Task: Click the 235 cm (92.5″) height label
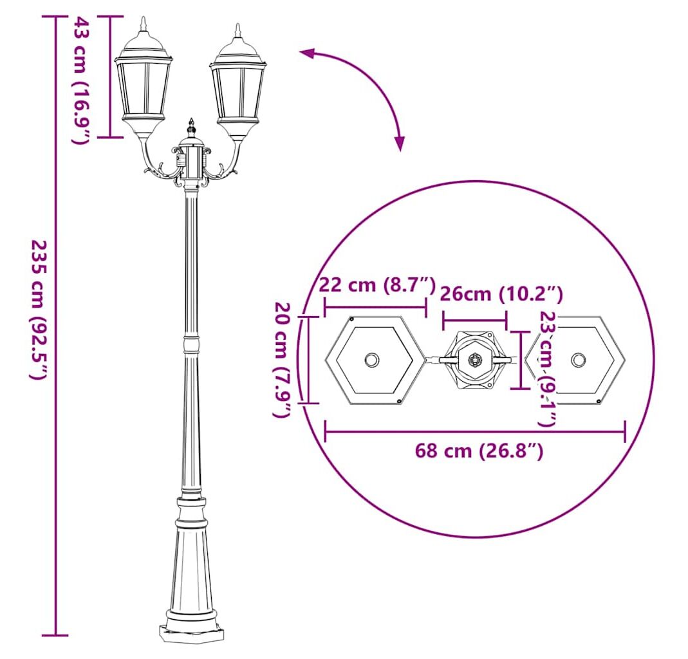click(x=38, y=309)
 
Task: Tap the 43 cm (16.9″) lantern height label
click(x=81, y=80)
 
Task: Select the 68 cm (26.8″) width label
click(x=479, y=450)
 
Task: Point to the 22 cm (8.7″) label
click(x=377, y=285)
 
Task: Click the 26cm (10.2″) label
click(x=501, y=294)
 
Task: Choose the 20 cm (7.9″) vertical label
click(x=283, y=360)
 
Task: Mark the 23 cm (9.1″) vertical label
click(x=548, y=368)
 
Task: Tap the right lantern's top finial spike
click(x=238, y=30)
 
